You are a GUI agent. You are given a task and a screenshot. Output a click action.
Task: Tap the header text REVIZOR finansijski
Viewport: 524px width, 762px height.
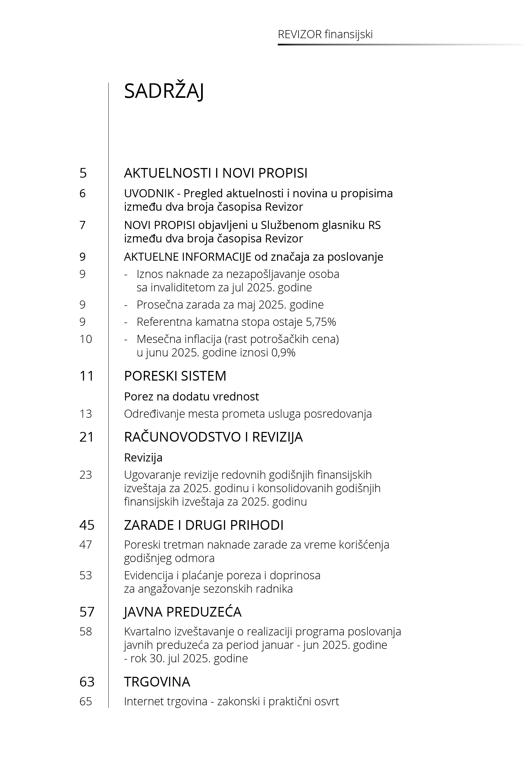[x=325, y=34]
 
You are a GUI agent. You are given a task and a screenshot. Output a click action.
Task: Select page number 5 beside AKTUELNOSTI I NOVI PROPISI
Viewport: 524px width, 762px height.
[x=83, y=173]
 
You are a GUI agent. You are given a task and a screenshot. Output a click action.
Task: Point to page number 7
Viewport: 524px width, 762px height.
[x=83, y=225]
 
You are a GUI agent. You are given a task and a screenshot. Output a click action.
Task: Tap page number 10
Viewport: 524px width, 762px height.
[x=86, y=339]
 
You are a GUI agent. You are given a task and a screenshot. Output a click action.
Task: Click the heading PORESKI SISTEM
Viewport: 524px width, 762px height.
[x=175, y=376]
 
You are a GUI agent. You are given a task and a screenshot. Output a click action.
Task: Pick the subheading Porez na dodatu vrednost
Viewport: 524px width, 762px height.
[x=191, y=396]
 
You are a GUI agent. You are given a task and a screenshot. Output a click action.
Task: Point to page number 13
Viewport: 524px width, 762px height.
[x=86, y=414]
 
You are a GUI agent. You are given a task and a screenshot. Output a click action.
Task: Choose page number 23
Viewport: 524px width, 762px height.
[x=86, y=475]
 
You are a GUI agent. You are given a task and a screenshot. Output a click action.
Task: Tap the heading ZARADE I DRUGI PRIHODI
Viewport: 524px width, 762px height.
[x=204, y=525]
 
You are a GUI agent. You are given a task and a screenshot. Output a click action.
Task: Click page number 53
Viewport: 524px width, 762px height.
[x=86, y=575]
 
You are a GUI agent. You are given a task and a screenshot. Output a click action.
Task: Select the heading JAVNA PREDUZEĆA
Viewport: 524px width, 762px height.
[x=183, y=612]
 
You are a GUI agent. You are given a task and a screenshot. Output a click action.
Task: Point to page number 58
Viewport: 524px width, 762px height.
[x=86, y=632]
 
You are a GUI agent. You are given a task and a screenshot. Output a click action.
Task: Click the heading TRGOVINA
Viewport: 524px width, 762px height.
[x=157, y=682]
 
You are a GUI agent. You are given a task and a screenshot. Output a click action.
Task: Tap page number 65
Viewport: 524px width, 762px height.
[x=86, y=702]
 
